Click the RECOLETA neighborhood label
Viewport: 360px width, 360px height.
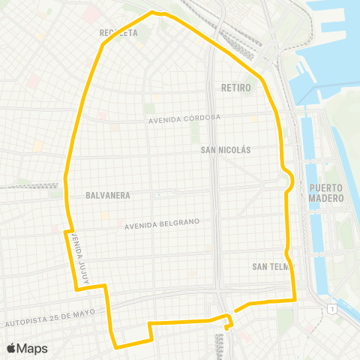(118, 33)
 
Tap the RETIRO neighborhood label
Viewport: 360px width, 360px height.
(235, 88)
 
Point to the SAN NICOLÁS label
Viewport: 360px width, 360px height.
(226, 150)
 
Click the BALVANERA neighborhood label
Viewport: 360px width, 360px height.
(108, 195)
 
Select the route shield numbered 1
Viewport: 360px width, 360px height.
(331, 309)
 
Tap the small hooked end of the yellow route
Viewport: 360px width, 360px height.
(227, 326)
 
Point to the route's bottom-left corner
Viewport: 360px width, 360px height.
(115, 346)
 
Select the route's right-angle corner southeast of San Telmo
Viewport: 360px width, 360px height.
(295, 300)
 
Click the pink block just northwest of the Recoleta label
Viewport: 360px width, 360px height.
(91, 13)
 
